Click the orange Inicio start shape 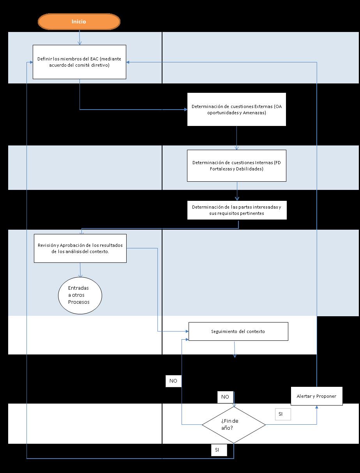point(79,22)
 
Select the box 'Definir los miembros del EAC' point(79,62)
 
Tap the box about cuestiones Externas point(236,110)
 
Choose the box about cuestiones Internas point(236,166)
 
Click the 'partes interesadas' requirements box point(236,210)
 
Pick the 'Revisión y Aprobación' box point(80,248)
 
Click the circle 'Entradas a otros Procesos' point(80,295)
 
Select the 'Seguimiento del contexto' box point(238,331)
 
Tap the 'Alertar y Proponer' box point(316,396)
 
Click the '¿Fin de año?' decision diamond point(234,425)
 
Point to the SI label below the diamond point(219,450)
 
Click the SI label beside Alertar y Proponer point(282,414)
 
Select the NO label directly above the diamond point(225,397)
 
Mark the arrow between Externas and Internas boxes point(236,138)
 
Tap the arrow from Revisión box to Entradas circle point(80,269)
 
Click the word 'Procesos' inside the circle point(79,302)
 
